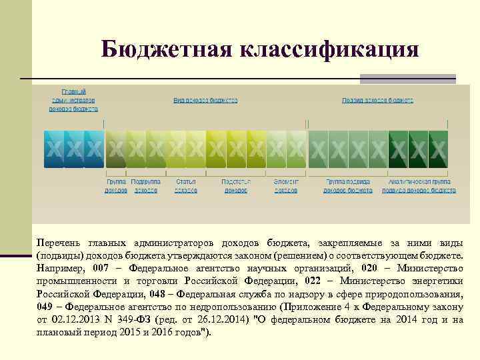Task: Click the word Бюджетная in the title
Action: [x=165, y=49]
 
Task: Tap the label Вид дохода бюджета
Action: [x=205, y=101]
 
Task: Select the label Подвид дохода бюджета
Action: [x=378, y=101]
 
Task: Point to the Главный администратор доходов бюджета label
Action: [x=73, y=99]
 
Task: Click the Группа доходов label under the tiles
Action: [x=116, y=186]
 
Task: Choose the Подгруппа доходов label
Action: [x=146, y=186]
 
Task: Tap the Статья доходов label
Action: [x=185, y=186]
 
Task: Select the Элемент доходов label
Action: [x=286, y=186]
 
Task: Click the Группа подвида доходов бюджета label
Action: [x=348, y=186]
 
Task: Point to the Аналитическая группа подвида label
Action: [x=419, y=186]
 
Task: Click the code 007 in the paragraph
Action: [x=100, y=269]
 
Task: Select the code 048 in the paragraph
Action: [x=157, y=294]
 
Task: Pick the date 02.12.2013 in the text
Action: [x=73, y=319]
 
